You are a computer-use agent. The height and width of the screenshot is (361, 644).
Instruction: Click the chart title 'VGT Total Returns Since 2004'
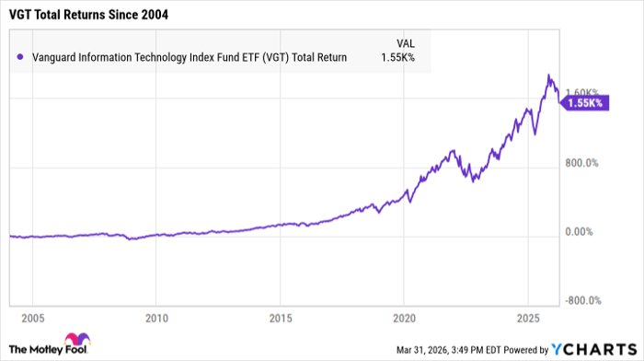90,16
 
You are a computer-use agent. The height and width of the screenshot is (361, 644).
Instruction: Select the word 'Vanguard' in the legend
54,57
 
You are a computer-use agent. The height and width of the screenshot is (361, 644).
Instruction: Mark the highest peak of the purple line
549,75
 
